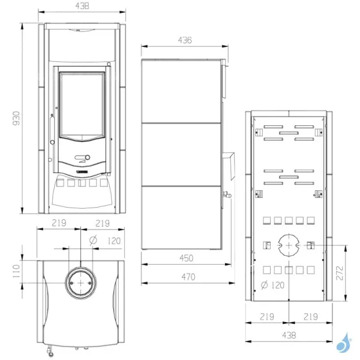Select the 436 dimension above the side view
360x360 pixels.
(x=185, y=40)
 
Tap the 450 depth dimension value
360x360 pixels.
(x=186, y=259)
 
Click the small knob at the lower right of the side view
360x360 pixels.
(x=227, y=194)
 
